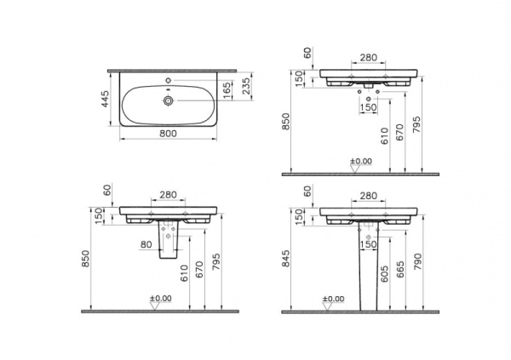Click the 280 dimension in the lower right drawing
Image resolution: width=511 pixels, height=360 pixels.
[x=368, y=196]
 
